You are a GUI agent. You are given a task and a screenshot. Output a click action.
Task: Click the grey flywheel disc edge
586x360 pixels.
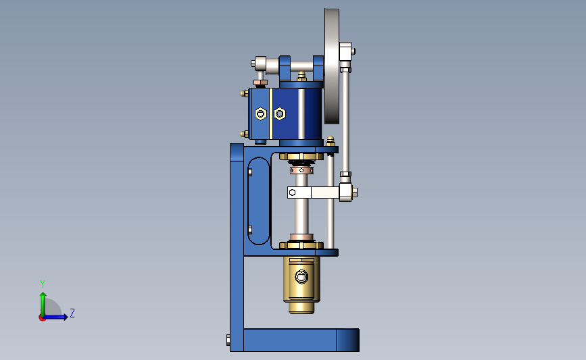point(331,66)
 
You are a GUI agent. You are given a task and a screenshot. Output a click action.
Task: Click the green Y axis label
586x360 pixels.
point(42,284)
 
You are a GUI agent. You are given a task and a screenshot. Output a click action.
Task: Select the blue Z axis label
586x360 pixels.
point(72,313)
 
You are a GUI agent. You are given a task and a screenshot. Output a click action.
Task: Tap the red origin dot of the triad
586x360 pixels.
point(42,318)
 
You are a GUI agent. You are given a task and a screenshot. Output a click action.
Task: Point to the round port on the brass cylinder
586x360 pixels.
point(301,277)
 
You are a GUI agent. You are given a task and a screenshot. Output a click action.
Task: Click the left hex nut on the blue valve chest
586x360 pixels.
point(260,113)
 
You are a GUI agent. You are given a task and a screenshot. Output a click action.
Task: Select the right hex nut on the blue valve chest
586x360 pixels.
point(280,113)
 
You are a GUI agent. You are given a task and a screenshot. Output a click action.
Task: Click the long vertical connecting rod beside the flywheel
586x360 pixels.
point(345,122)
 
